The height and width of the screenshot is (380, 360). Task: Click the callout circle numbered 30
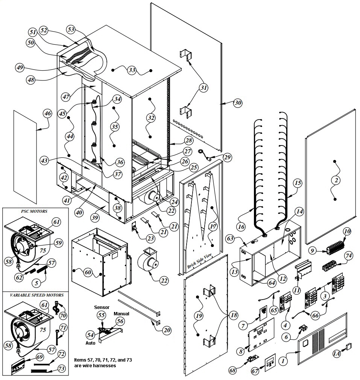(238, 103)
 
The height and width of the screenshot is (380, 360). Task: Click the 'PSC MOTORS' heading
(34, 211)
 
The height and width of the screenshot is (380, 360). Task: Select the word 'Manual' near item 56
(122, 313)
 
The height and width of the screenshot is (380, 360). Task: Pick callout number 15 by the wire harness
(297, 183)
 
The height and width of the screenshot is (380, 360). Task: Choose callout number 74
(349, 255)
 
